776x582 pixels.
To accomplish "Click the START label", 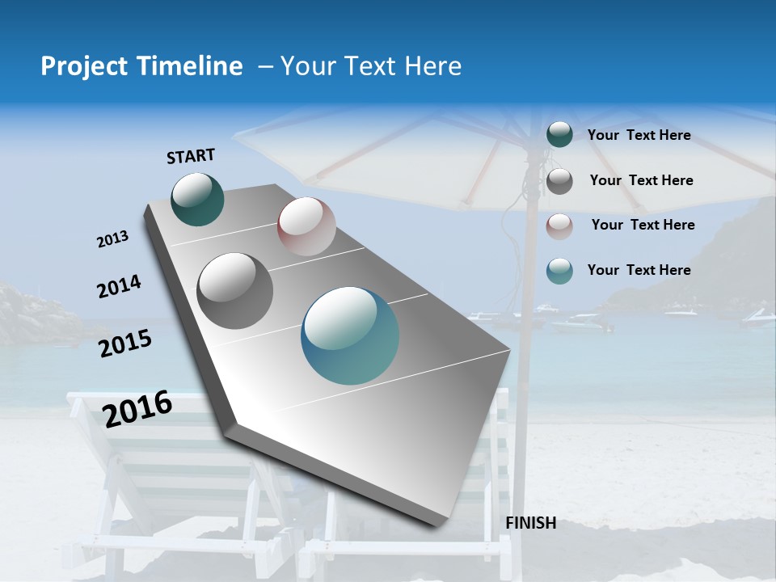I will pyautogui.click(x=191, y=156).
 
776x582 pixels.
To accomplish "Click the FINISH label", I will pyautogui.click(x=531, y=522).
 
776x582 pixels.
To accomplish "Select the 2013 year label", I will pyautogui.click(x=113, y=239).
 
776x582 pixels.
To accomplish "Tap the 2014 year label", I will pyautogui.click(x=119, y=286).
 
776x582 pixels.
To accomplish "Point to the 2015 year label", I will pyautogui.click(x=125, y=344).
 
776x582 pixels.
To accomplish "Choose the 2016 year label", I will pyautogui.click(x=137, y=408).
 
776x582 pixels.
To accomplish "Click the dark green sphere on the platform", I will pyautogui.click(x=197, y=199).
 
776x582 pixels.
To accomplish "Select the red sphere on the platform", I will pyautogui.click(x=306, y=226).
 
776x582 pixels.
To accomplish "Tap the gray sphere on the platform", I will pyautogui.click(x=234, y=290).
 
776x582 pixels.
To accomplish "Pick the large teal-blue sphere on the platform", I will pyautogui.click(x=350, y=335).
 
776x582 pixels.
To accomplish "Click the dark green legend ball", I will pyautogui.click(x=559, y=134).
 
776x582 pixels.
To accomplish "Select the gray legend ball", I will pyautogui.click(x=559, y=181).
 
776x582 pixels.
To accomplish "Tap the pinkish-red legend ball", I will pyautogui.click(x=559, y=226).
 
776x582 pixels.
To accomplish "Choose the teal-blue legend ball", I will pyautogui.click(x=559, y=271).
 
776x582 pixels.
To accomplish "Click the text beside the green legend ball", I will pyautogui.click(x=639, y=135).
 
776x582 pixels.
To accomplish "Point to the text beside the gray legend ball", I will pyautogui.click(x=641, y=180).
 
